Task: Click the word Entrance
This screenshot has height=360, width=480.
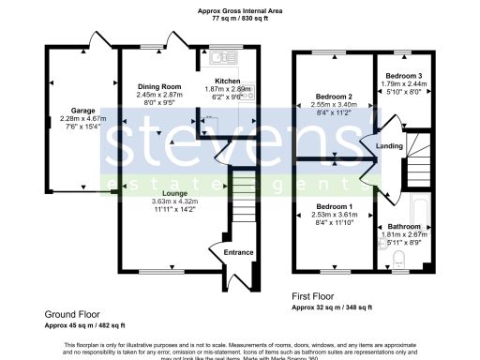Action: coord(238,252)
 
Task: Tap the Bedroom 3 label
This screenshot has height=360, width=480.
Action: coord(401,74)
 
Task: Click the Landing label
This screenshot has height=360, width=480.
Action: coord(390,146)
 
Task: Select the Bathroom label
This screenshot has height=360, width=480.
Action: coord(406,227)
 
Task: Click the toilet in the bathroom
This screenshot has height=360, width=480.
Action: coord(398,258)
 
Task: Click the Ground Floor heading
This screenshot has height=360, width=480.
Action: coord(70,315)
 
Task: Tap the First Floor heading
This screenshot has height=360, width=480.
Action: coord(317,295)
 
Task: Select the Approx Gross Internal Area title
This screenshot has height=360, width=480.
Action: coord(241,9)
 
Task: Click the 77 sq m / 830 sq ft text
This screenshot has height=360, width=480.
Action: coord(241,18)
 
